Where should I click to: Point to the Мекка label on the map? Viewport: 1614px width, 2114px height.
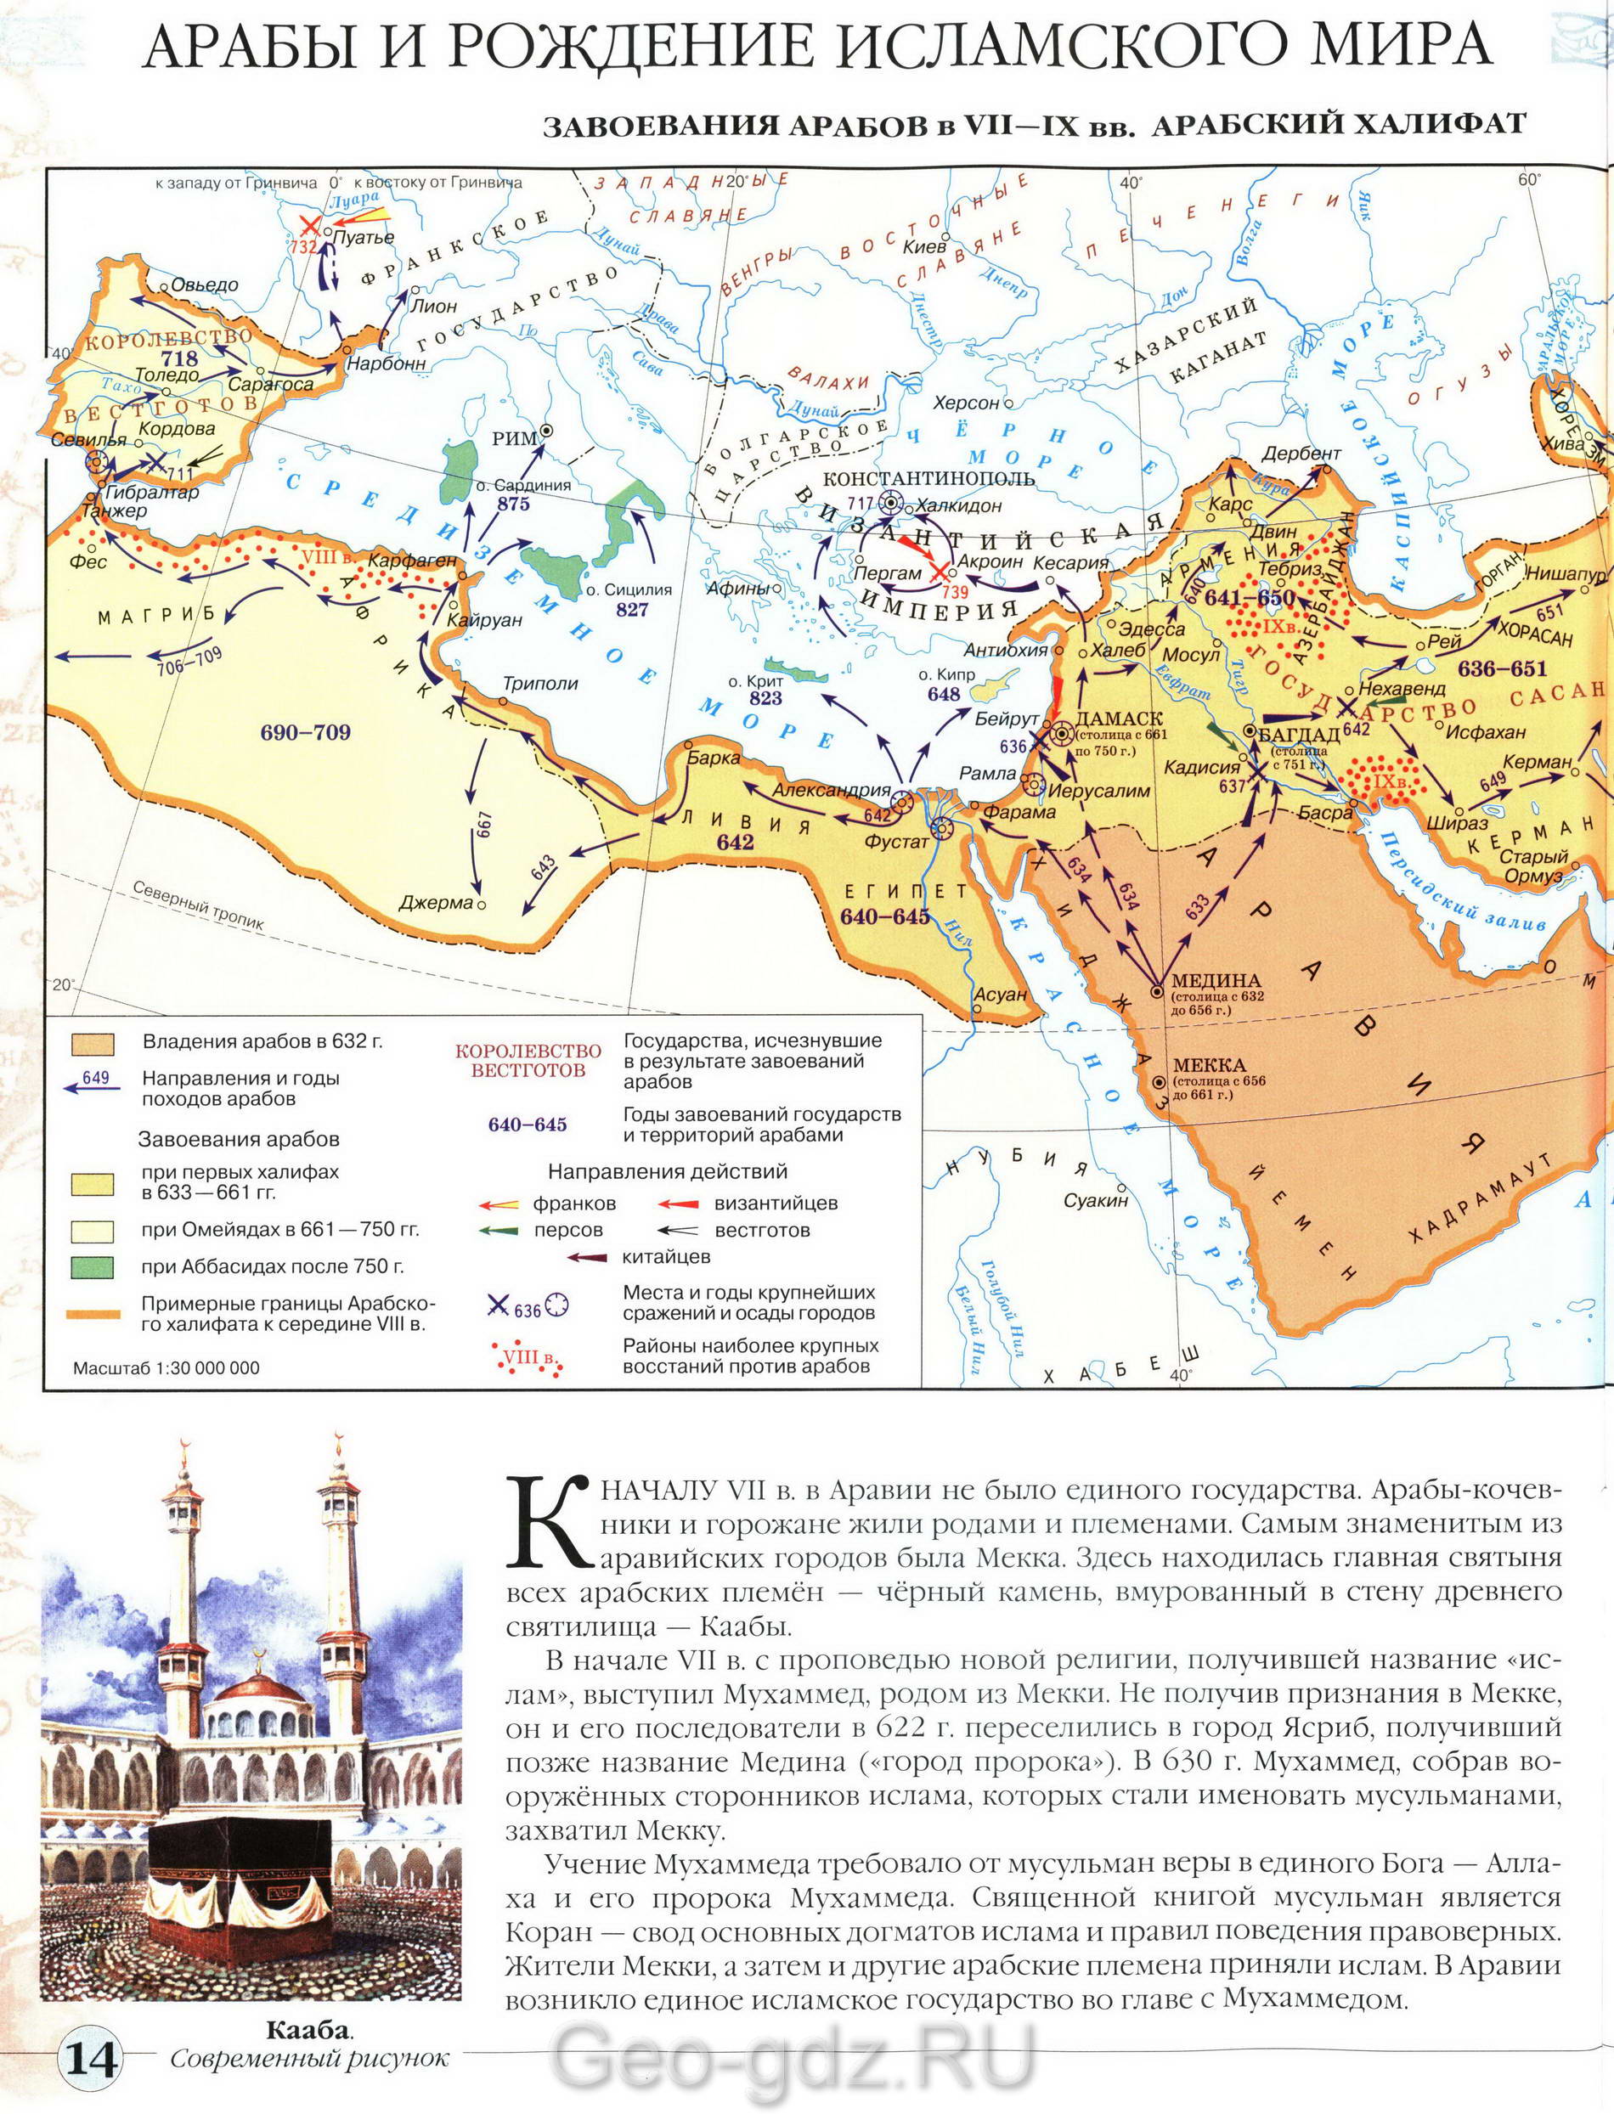tap(1208, 1065)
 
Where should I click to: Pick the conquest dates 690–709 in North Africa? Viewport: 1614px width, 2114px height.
tap(305, 733)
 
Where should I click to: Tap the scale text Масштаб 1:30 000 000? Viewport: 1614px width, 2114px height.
tap(166, 1367)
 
